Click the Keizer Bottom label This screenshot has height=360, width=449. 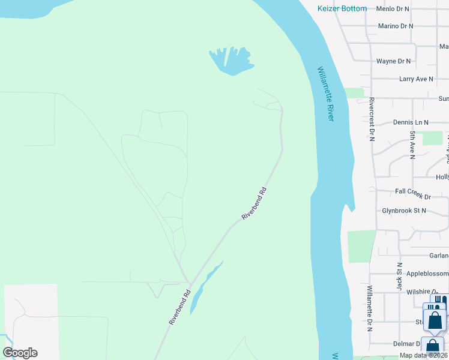[x=342, y=9]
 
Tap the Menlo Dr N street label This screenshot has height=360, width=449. [x=392, y=9]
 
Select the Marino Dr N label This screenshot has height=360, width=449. [x=396, y=26]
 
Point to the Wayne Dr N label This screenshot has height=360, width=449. [x=393, y=61]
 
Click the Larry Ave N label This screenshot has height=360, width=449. [x=416, y=79]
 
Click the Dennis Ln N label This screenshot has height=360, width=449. [x=411, y=122]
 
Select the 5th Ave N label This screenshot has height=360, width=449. [x=412, y=144]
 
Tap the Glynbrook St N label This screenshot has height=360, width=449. [x=403, y=211]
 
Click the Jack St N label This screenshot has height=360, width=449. [x=399, y=276]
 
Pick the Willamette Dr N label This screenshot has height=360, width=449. [x=369, y=308]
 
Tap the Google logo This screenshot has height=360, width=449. [x=20, y=353]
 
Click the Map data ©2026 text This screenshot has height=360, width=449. [x=424, y=355]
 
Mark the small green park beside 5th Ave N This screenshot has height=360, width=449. [x=432, y=138]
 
